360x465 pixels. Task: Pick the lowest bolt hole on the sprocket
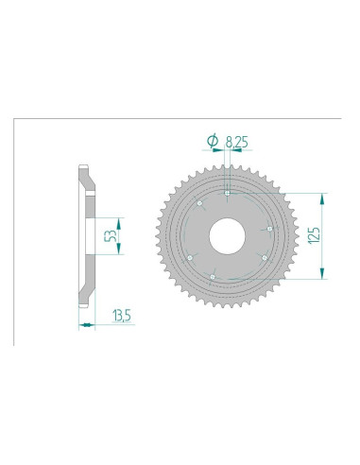214,276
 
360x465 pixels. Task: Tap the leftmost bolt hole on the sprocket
190,256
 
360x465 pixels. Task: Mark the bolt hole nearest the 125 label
269,229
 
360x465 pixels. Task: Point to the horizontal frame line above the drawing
189,119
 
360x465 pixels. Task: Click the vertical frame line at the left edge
13,232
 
